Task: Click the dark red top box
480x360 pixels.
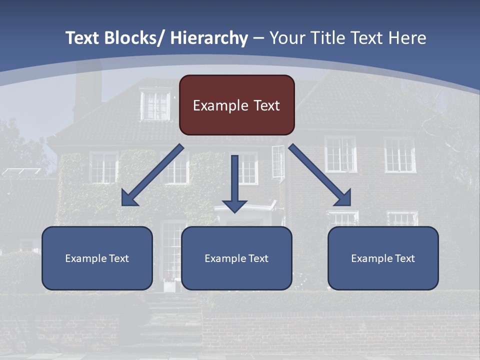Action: (x=236, y=105)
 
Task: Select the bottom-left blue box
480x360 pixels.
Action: (x=97, y=258)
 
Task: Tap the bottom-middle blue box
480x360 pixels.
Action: (x=236, y=258)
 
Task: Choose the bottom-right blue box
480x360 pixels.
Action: (x=383, y=258)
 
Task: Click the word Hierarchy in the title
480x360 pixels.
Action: (x=209, y=38)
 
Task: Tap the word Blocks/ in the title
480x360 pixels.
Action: (x=135, y=38)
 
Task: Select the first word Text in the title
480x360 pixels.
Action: (x=83, y=38)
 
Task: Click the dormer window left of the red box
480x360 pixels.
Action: (x=155, y=105)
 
